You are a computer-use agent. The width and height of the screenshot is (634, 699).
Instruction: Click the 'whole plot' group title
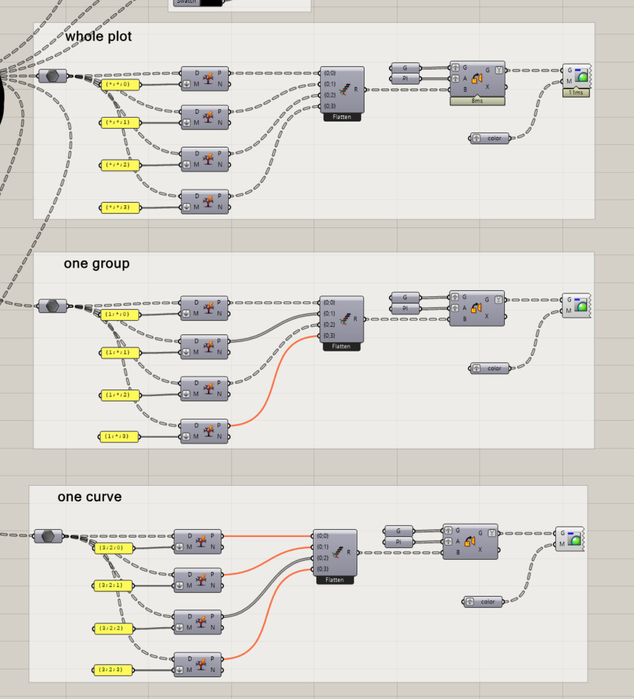click(x=98, y=36)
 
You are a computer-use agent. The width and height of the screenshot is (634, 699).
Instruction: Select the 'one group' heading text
click(x=97, y=264)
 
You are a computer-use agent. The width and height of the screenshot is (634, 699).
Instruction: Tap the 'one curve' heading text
click(x=89, y=497)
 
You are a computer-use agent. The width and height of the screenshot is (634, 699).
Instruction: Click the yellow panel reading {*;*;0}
click(x=120, y=84)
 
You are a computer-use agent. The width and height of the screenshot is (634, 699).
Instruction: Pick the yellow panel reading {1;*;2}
click(x=119, y=395)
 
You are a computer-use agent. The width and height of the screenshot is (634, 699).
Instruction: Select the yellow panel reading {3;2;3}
click(x=113, y=670)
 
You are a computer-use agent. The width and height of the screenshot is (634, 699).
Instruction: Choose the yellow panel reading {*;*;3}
click(x=120, y=208)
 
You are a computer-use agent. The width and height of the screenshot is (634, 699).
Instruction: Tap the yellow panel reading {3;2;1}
click(x=113, y=585)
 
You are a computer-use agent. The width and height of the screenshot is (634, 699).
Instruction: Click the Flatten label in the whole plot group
click(x=342, y=117)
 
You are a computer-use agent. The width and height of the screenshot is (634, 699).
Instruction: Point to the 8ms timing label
click(x=477, y=101)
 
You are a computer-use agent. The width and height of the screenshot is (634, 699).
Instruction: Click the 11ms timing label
click(x=576, y=93)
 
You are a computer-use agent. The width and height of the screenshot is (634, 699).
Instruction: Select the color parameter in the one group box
click(x=490, y=369)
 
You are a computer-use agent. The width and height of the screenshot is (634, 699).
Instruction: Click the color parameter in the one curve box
click(x=483, y=602)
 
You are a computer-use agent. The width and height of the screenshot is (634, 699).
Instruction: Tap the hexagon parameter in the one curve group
click(x=48, y=536)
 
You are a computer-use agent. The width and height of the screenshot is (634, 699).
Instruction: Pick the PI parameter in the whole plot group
click(x=405, y=79)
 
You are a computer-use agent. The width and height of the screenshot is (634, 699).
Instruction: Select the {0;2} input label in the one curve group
click(x=323, y=558)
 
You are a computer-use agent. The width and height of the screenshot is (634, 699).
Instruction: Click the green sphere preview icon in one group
click(x=582, y=306)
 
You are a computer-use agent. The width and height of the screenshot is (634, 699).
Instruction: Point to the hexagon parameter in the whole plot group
click(x=52, y=76)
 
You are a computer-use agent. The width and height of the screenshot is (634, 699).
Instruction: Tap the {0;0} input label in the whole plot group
click(x=330, y=73)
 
